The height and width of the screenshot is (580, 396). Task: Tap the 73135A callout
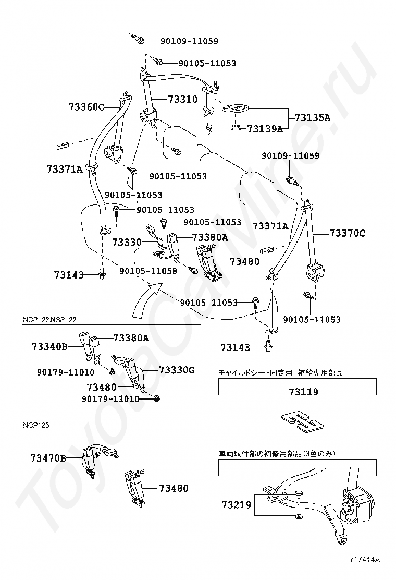[x=312, y=118]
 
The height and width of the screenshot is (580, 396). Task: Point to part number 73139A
[x=264, y=129]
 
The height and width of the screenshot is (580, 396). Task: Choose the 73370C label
[x=346, y=234]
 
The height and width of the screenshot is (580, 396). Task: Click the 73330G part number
[x=176, y=370]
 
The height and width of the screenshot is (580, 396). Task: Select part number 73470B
[x=48, y=458]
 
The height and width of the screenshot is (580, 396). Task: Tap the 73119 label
[x=304, y=392]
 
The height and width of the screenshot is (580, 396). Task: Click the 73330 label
[x=127, y=242]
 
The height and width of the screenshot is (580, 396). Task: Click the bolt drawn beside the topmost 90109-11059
[x=138, y=40]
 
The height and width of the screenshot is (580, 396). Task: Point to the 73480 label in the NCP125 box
[x=174, y=489]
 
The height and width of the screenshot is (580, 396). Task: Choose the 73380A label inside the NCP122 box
[x=131, y=337]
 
